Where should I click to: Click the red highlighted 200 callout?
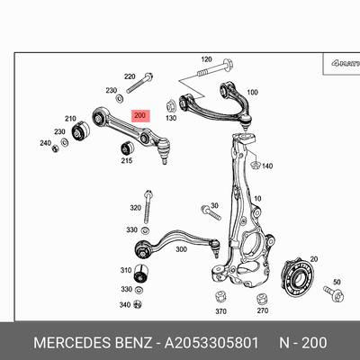tap(140, 116)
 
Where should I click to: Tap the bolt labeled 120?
tap(215, 68)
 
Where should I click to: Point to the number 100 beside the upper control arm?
tap(252, 92)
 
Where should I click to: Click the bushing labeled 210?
tap(81, 130)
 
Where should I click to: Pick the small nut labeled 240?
tap(55, 148)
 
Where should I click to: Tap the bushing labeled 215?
tap(127, 148)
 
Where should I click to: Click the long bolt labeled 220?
tap(139, 83)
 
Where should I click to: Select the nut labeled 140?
tap(255, 165)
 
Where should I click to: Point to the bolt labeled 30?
tap(211, 212)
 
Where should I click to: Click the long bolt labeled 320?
tap(147, 207)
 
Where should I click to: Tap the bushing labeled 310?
tap(140, 274)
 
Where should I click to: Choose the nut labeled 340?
tap(138, 303)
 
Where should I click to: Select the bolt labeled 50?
tap(334, 293)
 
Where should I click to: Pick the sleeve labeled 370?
tap(220, 297)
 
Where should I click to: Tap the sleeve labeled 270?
tap(263, 299)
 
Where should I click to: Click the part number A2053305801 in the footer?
tap(211, 343)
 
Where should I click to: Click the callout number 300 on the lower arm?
tap(181, 249)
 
